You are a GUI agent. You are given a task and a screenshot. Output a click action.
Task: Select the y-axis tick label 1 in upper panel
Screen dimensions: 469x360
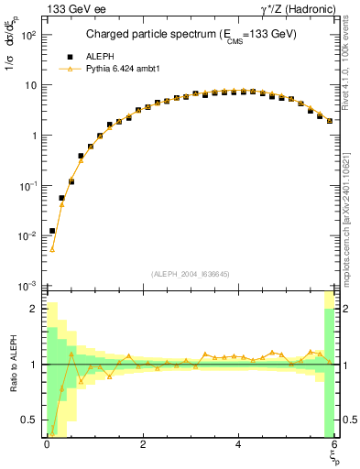coord(33,136)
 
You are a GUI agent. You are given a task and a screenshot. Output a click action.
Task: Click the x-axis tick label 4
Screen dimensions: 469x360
coord(239,444)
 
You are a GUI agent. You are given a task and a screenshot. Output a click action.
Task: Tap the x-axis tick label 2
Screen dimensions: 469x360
coord(143,444)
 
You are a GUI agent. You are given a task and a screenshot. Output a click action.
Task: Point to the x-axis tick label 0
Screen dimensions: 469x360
coord(47,444)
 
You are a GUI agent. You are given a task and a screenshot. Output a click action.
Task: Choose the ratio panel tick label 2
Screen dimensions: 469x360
coord(33,309)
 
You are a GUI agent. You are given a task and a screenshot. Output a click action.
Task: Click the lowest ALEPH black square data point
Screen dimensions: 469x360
coord(52,231)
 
